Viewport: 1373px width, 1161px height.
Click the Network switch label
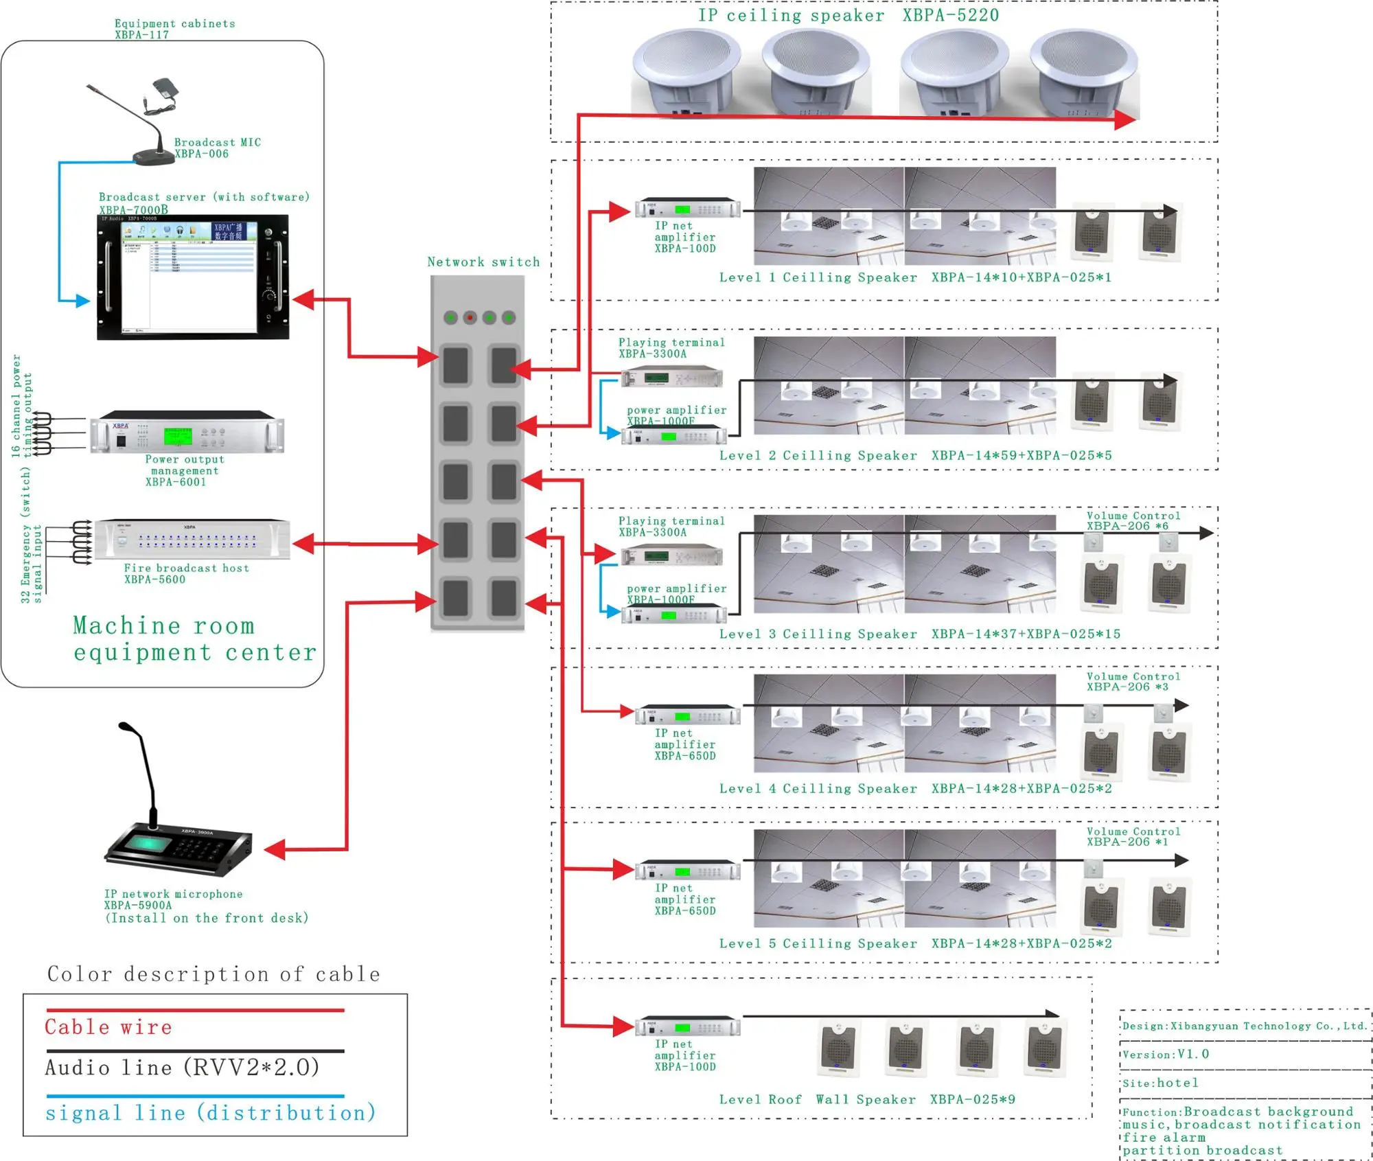483,262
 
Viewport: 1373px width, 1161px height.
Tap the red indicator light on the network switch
470,317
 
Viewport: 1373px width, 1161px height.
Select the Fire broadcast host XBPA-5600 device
192,540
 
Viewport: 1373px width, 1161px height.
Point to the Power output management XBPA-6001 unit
187,433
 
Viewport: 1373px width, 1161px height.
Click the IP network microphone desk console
178,849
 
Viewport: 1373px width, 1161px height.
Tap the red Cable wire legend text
108,1027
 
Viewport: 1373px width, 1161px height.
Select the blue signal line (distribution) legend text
211,1113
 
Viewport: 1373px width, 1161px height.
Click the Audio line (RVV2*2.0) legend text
182,1068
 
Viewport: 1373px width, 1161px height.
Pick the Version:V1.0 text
1166,1055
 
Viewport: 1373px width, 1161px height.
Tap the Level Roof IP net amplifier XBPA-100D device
687,1027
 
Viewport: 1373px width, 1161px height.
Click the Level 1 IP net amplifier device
687,208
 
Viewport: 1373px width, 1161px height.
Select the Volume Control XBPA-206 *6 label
1133,521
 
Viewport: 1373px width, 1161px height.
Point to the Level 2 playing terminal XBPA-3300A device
671,377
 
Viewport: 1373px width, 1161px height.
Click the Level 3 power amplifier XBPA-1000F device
673,614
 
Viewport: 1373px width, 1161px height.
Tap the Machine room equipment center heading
195,639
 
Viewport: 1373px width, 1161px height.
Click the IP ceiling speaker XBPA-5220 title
849,15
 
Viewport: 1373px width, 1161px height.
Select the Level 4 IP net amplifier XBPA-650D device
687,715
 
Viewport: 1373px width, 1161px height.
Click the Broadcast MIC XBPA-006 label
217,148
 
